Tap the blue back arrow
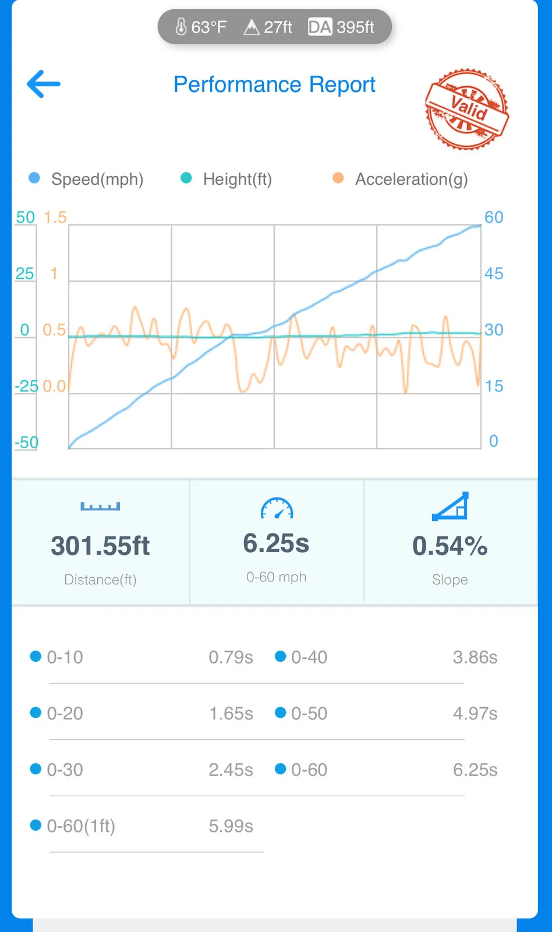tap(44, 84)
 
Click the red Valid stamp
tap(467, 109)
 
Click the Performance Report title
tap(274, 84)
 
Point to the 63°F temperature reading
tap(201, 27)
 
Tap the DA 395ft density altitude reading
tap(341, 27)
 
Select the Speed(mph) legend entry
tap(86, 179)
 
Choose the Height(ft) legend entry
tap(227, 179)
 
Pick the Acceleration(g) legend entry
tap(400, 179)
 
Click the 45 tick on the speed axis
tap(494, 273)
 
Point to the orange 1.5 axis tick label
tap(55, 217)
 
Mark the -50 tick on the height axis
tap(27, 442)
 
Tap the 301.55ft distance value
tap(100, 545)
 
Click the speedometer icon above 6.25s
tap(277, 508)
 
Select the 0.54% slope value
tap(450, 545)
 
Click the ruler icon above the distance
tap(100, 506)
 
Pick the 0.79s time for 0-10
tap(231, 658)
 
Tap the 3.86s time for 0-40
tap(475, 658)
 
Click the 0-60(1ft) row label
tap(81, 826)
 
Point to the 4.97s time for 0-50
tap(475, 714)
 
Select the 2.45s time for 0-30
tap(231, 769)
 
